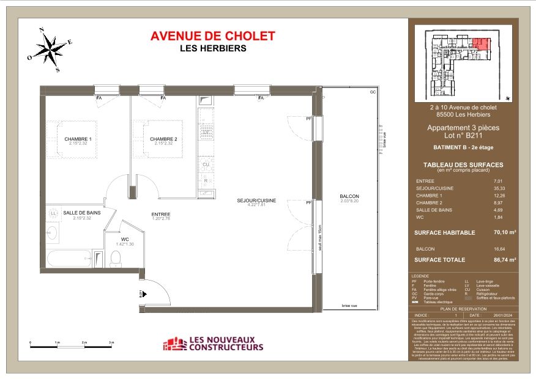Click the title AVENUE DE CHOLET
[212, 36]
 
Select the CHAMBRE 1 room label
[78, 139]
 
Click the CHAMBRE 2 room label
[163, 139]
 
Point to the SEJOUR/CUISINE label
[257, 201]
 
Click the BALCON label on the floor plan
[349, 196]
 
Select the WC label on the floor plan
[124, 239]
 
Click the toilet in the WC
[114, 260]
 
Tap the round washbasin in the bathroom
[52, 233]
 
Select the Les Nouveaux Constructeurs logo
[212, 344]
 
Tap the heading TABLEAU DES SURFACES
[463, 165]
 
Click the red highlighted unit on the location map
[481, 44]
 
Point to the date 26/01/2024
[500, 315]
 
